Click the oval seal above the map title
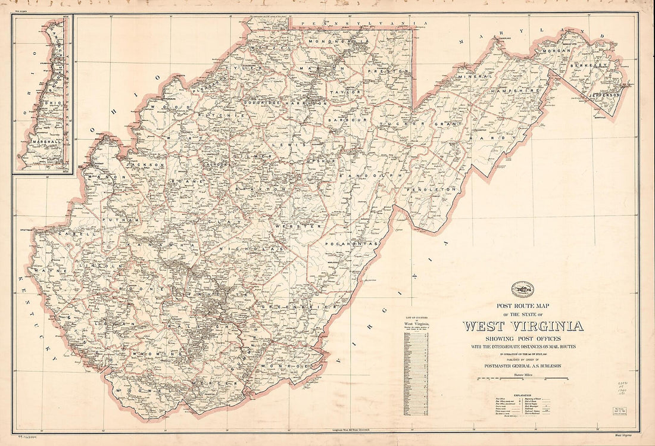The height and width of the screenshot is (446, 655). [524, 290]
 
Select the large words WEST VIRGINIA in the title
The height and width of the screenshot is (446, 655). [523, 326]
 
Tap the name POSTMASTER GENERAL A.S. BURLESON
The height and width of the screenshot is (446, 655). [523, 366]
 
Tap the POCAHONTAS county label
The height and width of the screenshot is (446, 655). [352, 244]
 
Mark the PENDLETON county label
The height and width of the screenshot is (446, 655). [433, 189]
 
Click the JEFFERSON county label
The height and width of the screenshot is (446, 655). [604, 95]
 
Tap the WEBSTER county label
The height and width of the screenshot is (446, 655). [306, 226]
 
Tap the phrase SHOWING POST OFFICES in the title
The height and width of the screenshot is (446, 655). [523, 339]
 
